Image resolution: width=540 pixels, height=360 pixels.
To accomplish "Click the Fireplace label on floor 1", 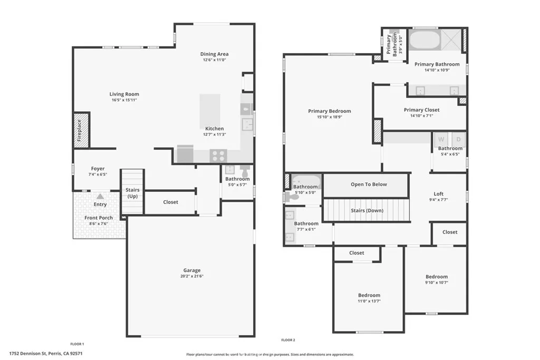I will pos(80,130).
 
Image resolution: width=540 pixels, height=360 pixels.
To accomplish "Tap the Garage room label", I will pos(192,270).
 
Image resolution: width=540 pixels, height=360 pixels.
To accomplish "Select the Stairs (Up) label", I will pos(132,193).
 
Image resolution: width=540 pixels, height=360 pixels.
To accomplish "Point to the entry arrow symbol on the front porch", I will pos(100,196).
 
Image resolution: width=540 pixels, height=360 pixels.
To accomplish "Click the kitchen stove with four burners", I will pos(218,155).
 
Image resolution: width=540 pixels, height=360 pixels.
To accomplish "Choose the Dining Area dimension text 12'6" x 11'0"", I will pos(214,60).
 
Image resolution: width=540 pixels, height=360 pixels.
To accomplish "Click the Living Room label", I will pos(124,94).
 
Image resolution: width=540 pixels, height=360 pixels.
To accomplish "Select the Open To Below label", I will pos(369,184).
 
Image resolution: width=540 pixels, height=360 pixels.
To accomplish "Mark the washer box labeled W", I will pos(441,139).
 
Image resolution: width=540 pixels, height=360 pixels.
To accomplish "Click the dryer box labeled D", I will pos(458,139).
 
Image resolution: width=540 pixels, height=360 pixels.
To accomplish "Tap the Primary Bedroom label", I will pos(330,111).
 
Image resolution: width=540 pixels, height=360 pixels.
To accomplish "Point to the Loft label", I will pos(438,193).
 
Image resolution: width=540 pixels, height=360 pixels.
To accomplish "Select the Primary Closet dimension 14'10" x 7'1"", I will pos(421,116).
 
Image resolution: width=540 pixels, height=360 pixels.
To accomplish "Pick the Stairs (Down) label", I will pos(367,210).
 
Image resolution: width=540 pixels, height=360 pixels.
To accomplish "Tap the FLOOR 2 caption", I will pos(288,340).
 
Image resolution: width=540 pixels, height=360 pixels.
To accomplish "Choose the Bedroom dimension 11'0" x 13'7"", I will pos(369,301).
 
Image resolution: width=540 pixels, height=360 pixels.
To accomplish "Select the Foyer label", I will pos(98,169).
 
